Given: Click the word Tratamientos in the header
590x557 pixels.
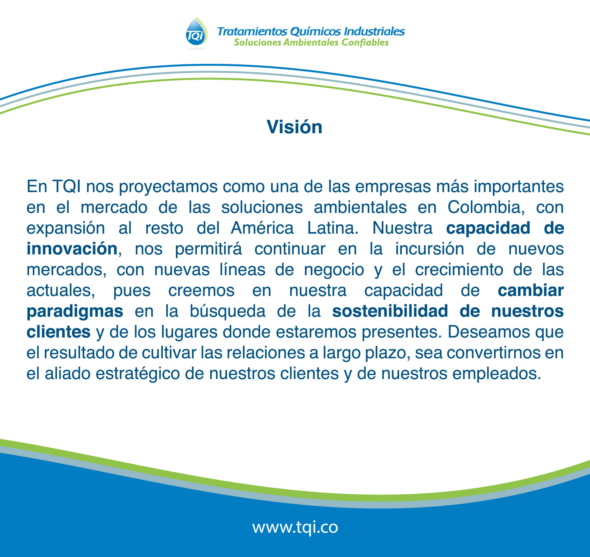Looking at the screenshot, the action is coord(252,31).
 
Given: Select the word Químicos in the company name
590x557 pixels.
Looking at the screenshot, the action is coord(316,31).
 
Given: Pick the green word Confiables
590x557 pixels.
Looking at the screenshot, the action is coord(365,43).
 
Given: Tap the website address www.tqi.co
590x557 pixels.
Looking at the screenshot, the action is coord(295,527).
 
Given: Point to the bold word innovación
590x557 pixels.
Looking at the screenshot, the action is coord(72,249).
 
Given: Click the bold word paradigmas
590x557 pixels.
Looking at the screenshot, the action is coord(75,311).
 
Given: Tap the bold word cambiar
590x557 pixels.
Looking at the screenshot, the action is coord(531,290).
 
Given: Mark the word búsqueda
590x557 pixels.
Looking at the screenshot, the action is coord(228,311).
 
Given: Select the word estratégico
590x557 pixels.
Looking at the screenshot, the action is coord(138,373).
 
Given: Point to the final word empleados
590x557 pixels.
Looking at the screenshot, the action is coord(497,373).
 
